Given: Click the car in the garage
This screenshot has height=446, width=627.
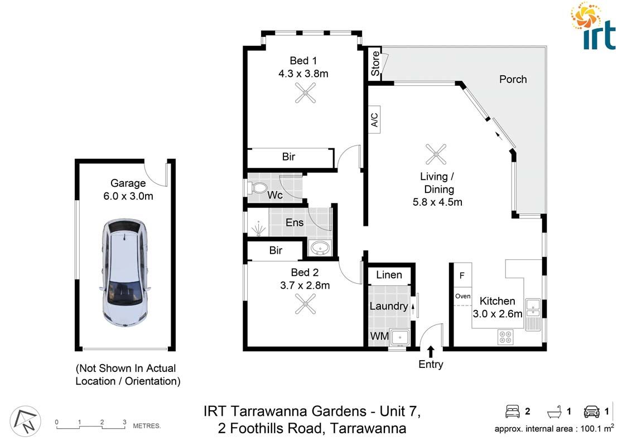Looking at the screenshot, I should coord(125,274).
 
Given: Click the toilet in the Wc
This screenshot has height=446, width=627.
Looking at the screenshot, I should coord(257,188).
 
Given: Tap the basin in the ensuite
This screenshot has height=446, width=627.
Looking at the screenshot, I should coord(320,248).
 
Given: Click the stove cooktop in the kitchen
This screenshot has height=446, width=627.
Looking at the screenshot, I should coord(505,337).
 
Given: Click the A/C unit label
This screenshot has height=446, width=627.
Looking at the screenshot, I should coord(374,119).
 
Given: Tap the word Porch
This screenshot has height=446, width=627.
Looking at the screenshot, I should coord(513,79).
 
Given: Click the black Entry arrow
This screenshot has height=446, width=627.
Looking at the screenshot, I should coord(430,351).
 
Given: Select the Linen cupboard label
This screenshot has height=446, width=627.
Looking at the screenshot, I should coord(389,275).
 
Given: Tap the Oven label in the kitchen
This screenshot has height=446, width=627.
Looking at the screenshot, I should coord(462,296).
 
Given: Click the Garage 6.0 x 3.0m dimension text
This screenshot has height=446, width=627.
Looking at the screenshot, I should coord(128,196).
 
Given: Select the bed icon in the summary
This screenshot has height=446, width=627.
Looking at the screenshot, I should coord(512,412).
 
